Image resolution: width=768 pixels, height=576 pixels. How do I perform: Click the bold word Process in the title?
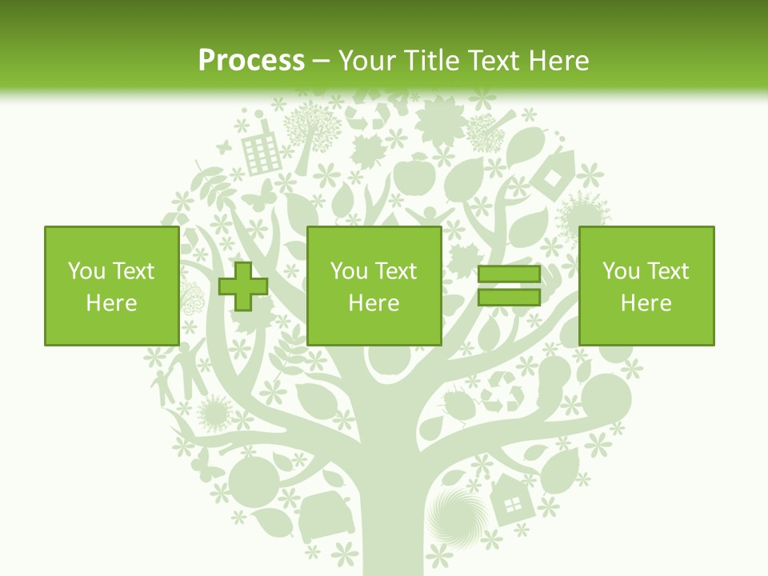[251, 61]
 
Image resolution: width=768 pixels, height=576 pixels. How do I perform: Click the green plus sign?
[243, 286]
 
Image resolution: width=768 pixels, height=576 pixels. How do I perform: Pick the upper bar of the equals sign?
[509, 275]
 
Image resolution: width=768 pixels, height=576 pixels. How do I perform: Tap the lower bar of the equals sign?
[509, 297]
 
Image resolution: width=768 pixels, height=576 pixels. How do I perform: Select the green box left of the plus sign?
[111, 286]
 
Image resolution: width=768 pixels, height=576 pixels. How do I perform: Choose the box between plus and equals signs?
[374, 286]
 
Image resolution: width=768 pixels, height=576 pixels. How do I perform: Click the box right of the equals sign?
[646, 286]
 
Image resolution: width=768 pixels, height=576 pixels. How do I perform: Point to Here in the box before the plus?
[111, 303]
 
